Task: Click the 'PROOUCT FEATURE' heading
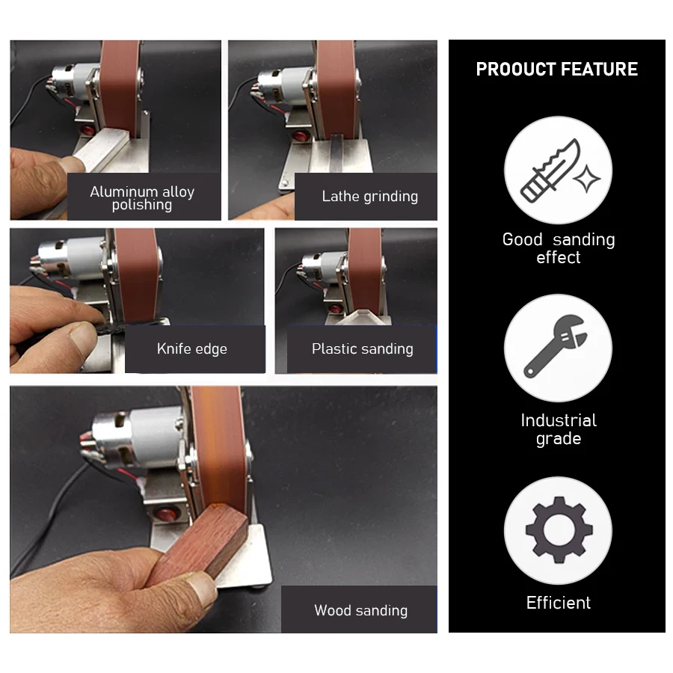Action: point(556,70)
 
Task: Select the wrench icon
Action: point(557,347)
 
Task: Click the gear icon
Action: point(558,530)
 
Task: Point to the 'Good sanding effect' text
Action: point(558,248)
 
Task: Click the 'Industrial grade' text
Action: point(558,429)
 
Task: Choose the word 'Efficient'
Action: point(558,603)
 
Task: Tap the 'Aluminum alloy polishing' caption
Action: point(142,197)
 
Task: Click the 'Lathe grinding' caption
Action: point(369,197)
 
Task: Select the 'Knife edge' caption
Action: point(191,348)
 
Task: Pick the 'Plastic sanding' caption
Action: point(362,348)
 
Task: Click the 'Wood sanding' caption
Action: point(360,610)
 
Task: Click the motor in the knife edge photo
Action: point(71,257)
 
